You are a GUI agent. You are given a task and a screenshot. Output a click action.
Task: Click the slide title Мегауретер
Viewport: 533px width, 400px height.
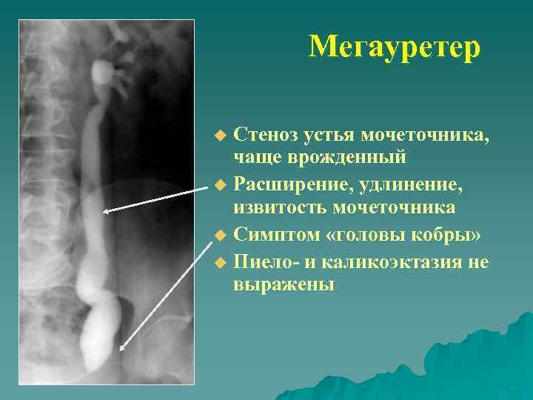coord(395,47)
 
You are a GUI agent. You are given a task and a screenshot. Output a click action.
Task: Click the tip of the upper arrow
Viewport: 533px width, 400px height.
coord(104,213)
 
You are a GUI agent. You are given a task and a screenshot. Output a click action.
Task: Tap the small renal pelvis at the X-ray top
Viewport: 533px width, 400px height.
coord(99,73)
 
